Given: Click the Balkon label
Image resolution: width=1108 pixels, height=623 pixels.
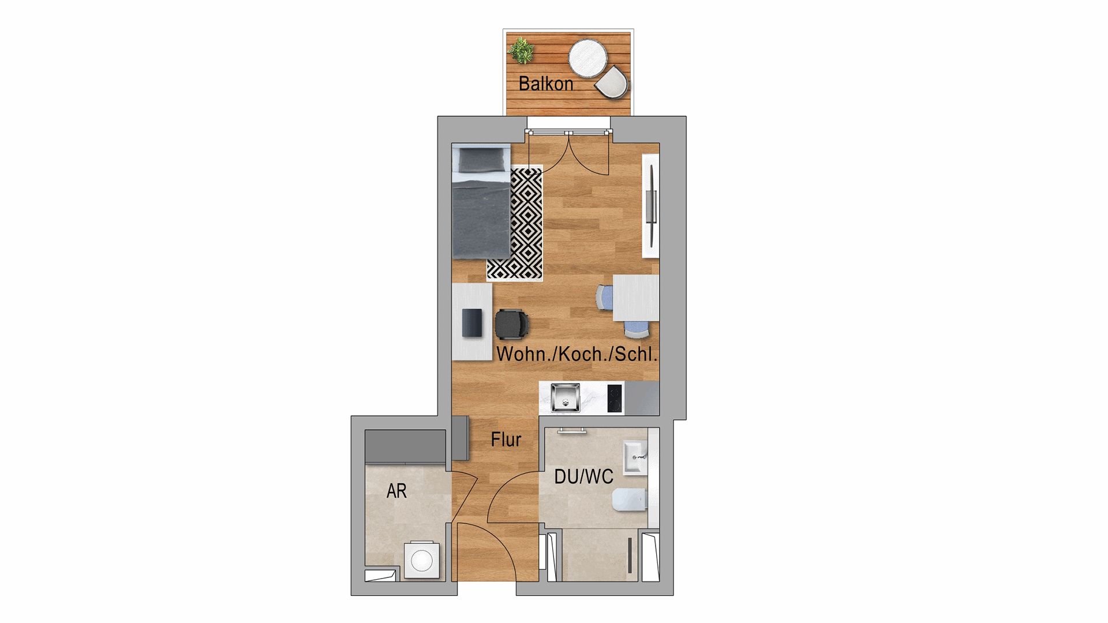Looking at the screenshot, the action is tap(545, 84).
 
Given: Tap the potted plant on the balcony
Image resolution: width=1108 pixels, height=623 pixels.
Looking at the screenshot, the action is tap(522, 50).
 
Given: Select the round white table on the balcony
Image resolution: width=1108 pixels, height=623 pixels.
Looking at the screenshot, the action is tap(587, 58).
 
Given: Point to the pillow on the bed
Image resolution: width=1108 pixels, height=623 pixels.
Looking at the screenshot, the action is tap(481, 160).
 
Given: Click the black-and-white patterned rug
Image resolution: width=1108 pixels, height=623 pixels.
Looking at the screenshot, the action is tap(515, 223).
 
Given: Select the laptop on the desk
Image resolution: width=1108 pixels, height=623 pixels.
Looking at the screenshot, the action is tap(472, 323).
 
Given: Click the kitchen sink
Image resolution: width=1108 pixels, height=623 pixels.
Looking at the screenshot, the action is tap(565, 397).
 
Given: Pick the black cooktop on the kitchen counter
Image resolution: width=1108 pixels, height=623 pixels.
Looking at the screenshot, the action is tap(615, 398).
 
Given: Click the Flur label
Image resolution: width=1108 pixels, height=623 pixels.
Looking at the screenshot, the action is tap(506, 440).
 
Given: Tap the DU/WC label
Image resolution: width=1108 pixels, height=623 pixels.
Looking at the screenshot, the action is tap(583, 476).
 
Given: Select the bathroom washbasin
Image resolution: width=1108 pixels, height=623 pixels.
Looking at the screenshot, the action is tap(635, 457).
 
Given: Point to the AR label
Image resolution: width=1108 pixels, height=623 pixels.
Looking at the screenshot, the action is tap(396, 491).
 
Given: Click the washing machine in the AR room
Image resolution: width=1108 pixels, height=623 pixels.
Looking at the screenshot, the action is tap(422, 560).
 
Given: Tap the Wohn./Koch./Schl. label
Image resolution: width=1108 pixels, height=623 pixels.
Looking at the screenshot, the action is tap(577, 354).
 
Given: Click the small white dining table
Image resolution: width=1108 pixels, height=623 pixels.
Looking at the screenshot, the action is tap(636, 298).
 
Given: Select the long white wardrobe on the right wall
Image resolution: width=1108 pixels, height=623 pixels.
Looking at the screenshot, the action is tap(651, 206).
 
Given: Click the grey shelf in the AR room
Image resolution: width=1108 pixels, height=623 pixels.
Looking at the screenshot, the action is tap(406, 446).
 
